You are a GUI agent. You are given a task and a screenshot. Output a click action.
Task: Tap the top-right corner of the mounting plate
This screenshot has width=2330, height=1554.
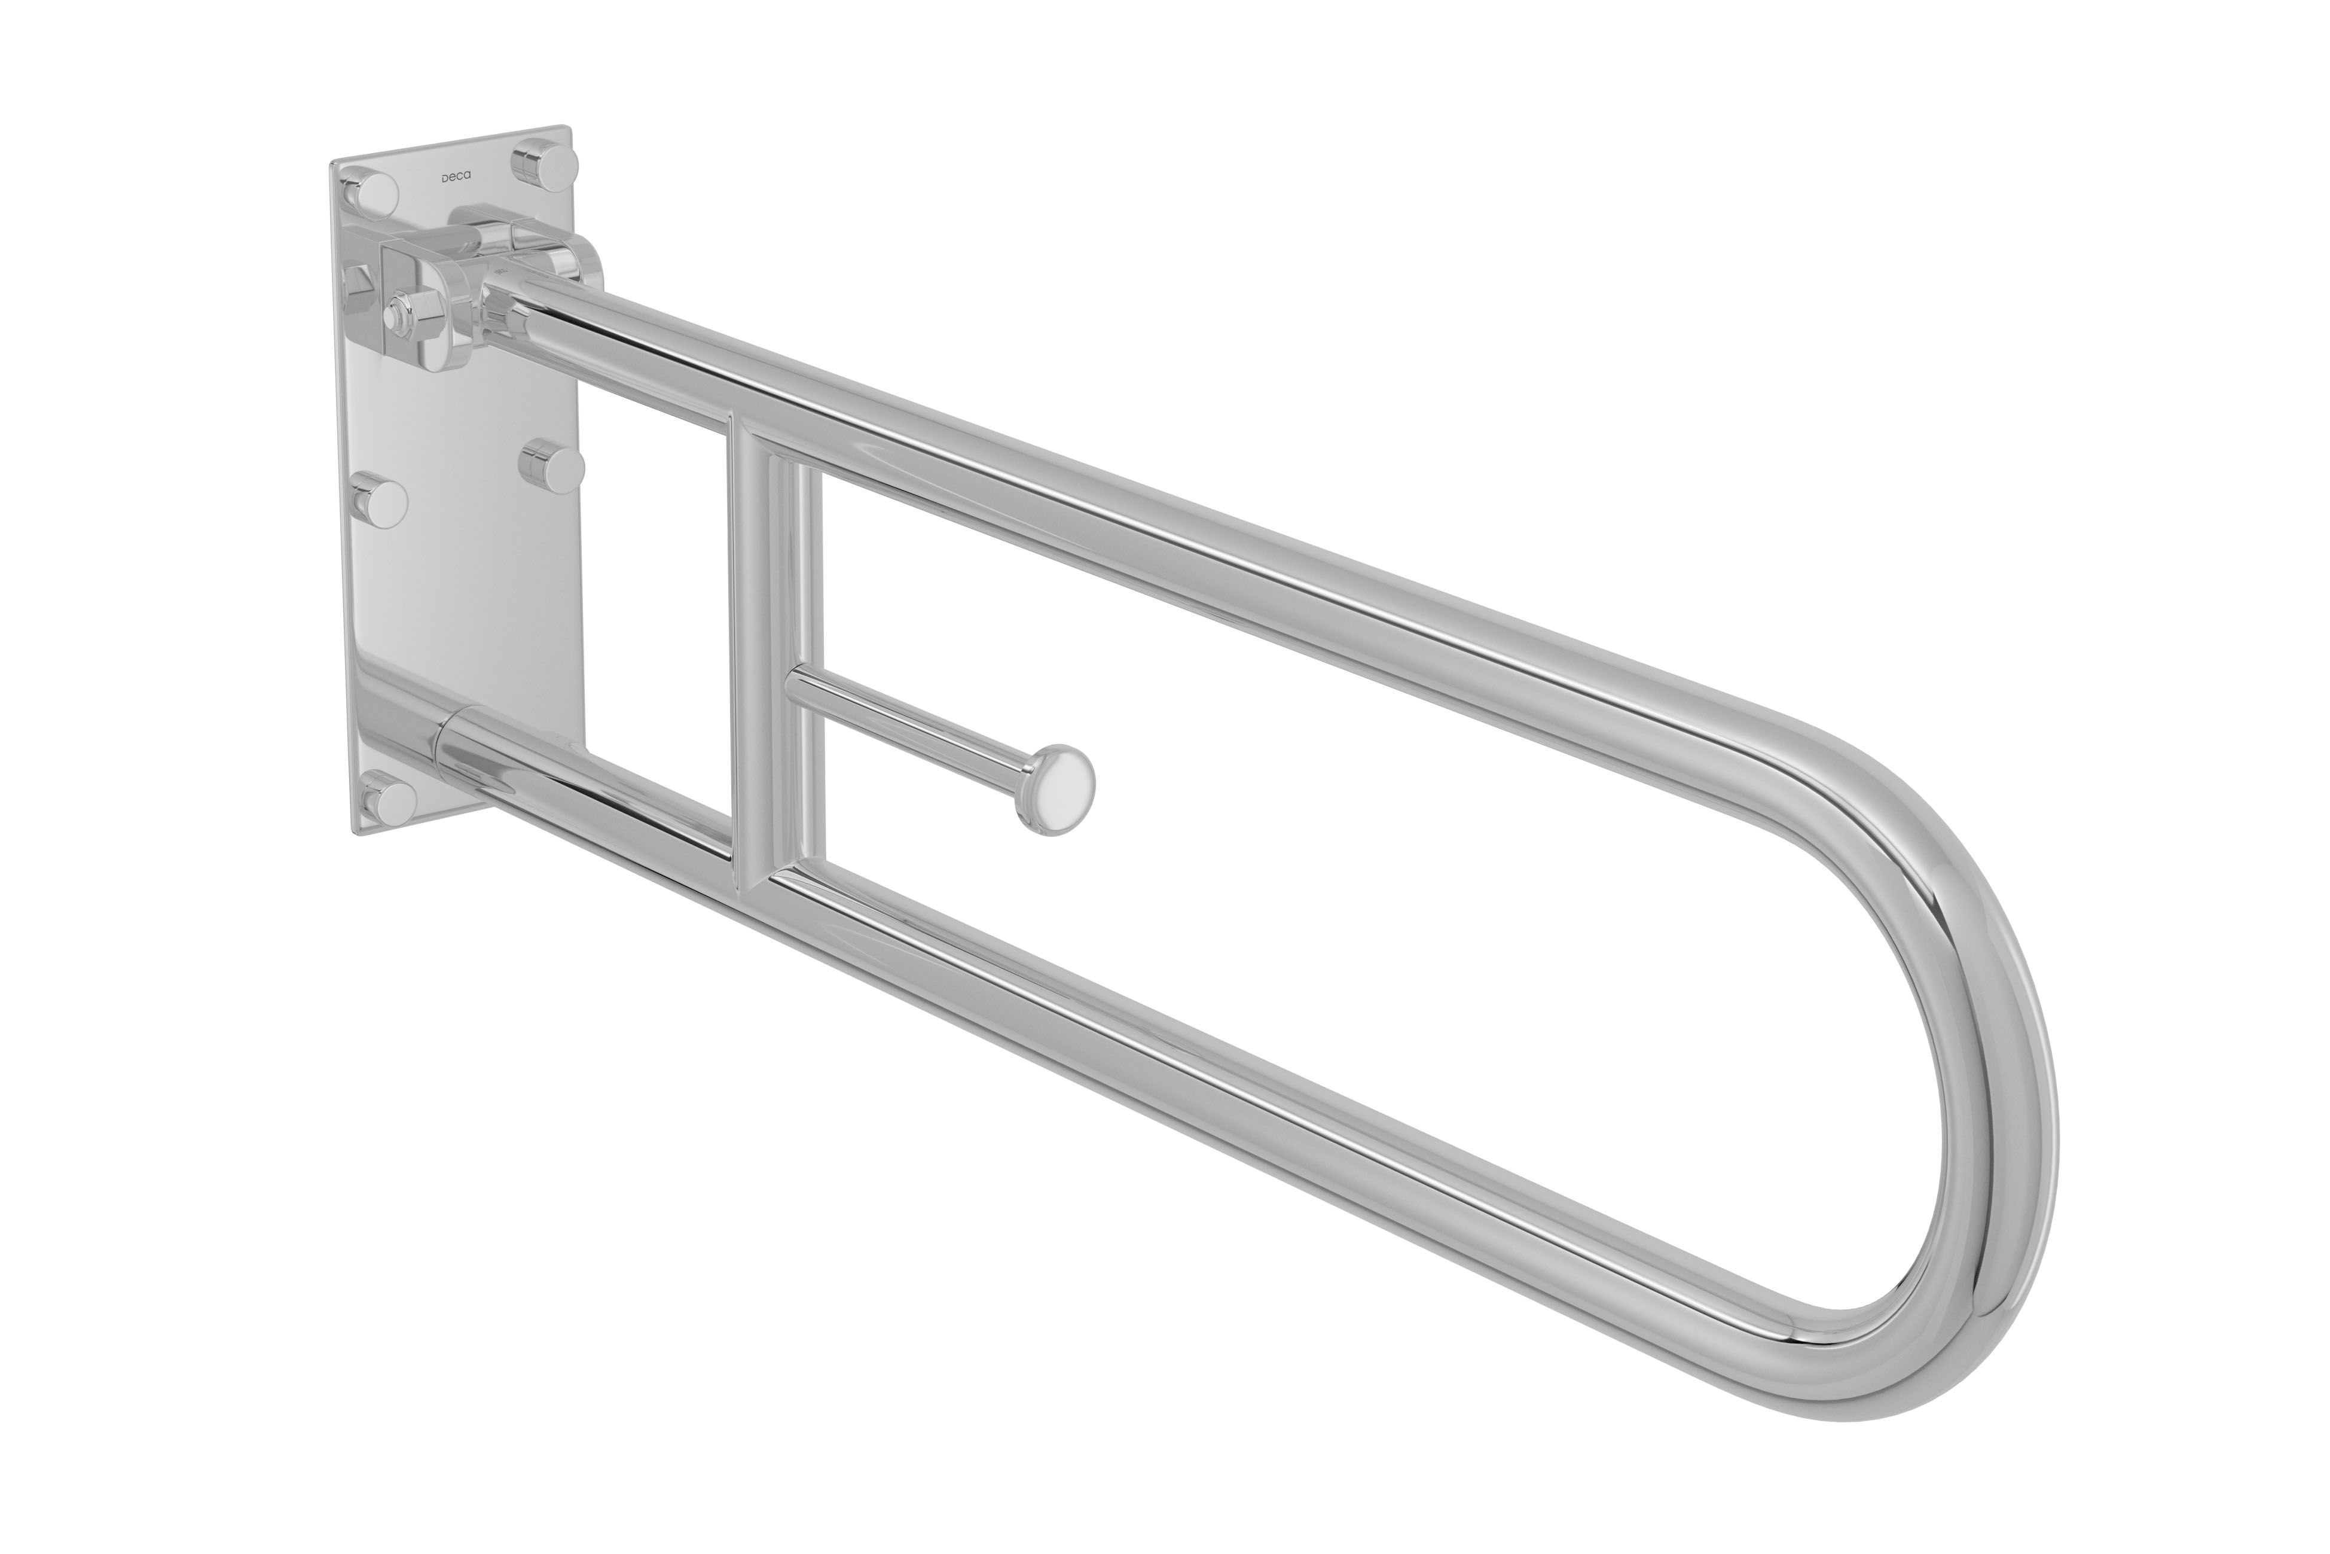(x=567, y=128)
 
